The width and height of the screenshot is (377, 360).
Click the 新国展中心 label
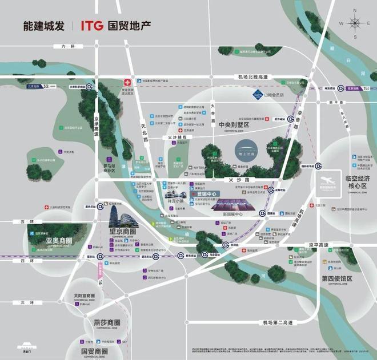point(233,214)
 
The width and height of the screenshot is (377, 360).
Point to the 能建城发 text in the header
point(42,26)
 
